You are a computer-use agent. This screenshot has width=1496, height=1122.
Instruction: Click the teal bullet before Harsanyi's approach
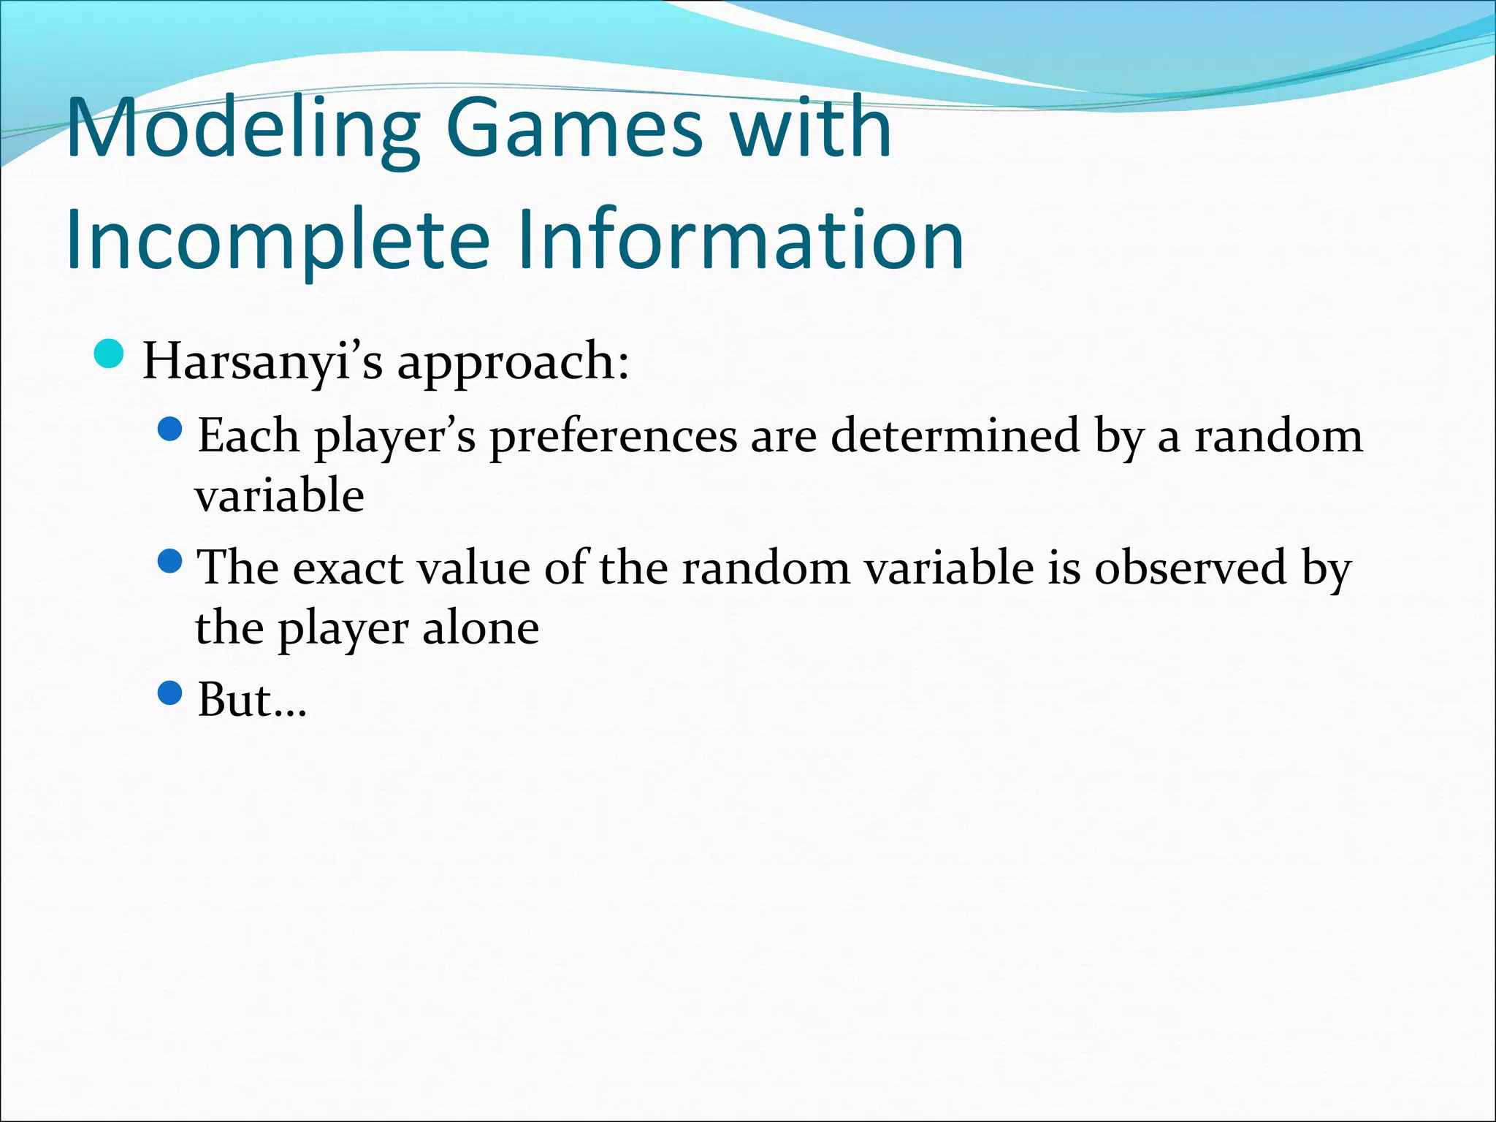point(110,354)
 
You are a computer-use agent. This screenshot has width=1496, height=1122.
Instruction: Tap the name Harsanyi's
point(262,362)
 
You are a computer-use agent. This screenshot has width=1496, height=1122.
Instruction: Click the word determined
point(955,436)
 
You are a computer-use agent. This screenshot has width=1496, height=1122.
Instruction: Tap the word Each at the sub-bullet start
point(248,436)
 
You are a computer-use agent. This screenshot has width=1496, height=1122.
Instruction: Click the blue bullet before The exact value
point(169,561)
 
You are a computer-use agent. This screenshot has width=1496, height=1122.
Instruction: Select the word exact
point(348,568)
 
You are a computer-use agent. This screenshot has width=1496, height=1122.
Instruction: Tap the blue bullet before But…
point(169,692)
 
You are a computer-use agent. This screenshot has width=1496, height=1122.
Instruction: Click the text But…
point(252,700)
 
